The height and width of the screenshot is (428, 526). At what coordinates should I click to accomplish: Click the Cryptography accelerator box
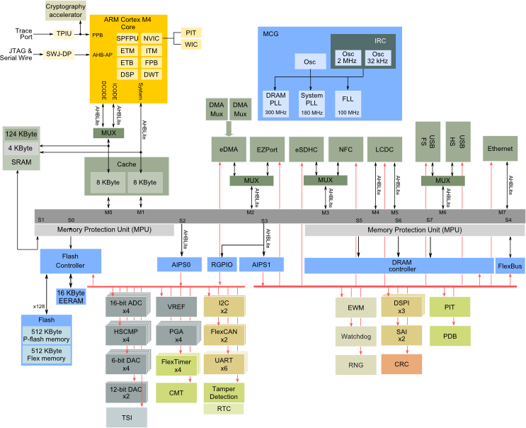point(65,11)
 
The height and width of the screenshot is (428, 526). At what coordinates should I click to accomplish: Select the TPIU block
point(64,33)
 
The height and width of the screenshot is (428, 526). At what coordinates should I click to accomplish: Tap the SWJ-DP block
point(59,54)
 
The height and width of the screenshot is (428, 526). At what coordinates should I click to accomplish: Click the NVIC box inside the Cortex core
point(151,38)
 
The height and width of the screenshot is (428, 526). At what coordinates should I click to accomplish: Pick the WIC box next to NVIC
point(191,45)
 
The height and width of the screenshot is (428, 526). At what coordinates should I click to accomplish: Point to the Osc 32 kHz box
point(378,57)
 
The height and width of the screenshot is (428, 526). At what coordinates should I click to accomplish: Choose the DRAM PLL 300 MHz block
point(276,103)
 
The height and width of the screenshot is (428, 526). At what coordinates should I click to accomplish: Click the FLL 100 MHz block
point(348,103)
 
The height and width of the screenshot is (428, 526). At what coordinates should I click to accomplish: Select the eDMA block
point(229,150)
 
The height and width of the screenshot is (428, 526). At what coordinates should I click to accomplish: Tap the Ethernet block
point(501,149)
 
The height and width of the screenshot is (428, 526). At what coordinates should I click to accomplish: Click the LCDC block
point(385,150)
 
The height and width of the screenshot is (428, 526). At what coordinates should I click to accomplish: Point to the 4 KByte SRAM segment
point(21,148)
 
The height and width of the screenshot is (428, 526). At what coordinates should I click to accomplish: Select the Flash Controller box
point(71,261)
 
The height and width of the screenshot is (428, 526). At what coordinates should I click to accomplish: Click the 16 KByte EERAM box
point(71,297)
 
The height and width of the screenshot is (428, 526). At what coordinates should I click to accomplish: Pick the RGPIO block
point(222,264)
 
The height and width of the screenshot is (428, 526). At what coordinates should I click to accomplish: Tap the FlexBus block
point(510,266)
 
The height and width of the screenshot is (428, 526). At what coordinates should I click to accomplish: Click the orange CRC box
point(401,364)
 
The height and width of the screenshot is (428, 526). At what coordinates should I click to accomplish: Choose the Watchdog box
point(356,337)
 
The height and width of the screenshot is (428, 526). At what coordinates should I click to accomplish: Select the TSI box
point(127,417)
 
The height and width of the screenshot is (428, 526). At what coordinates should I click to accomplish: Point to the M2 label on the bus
point(251,213)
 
